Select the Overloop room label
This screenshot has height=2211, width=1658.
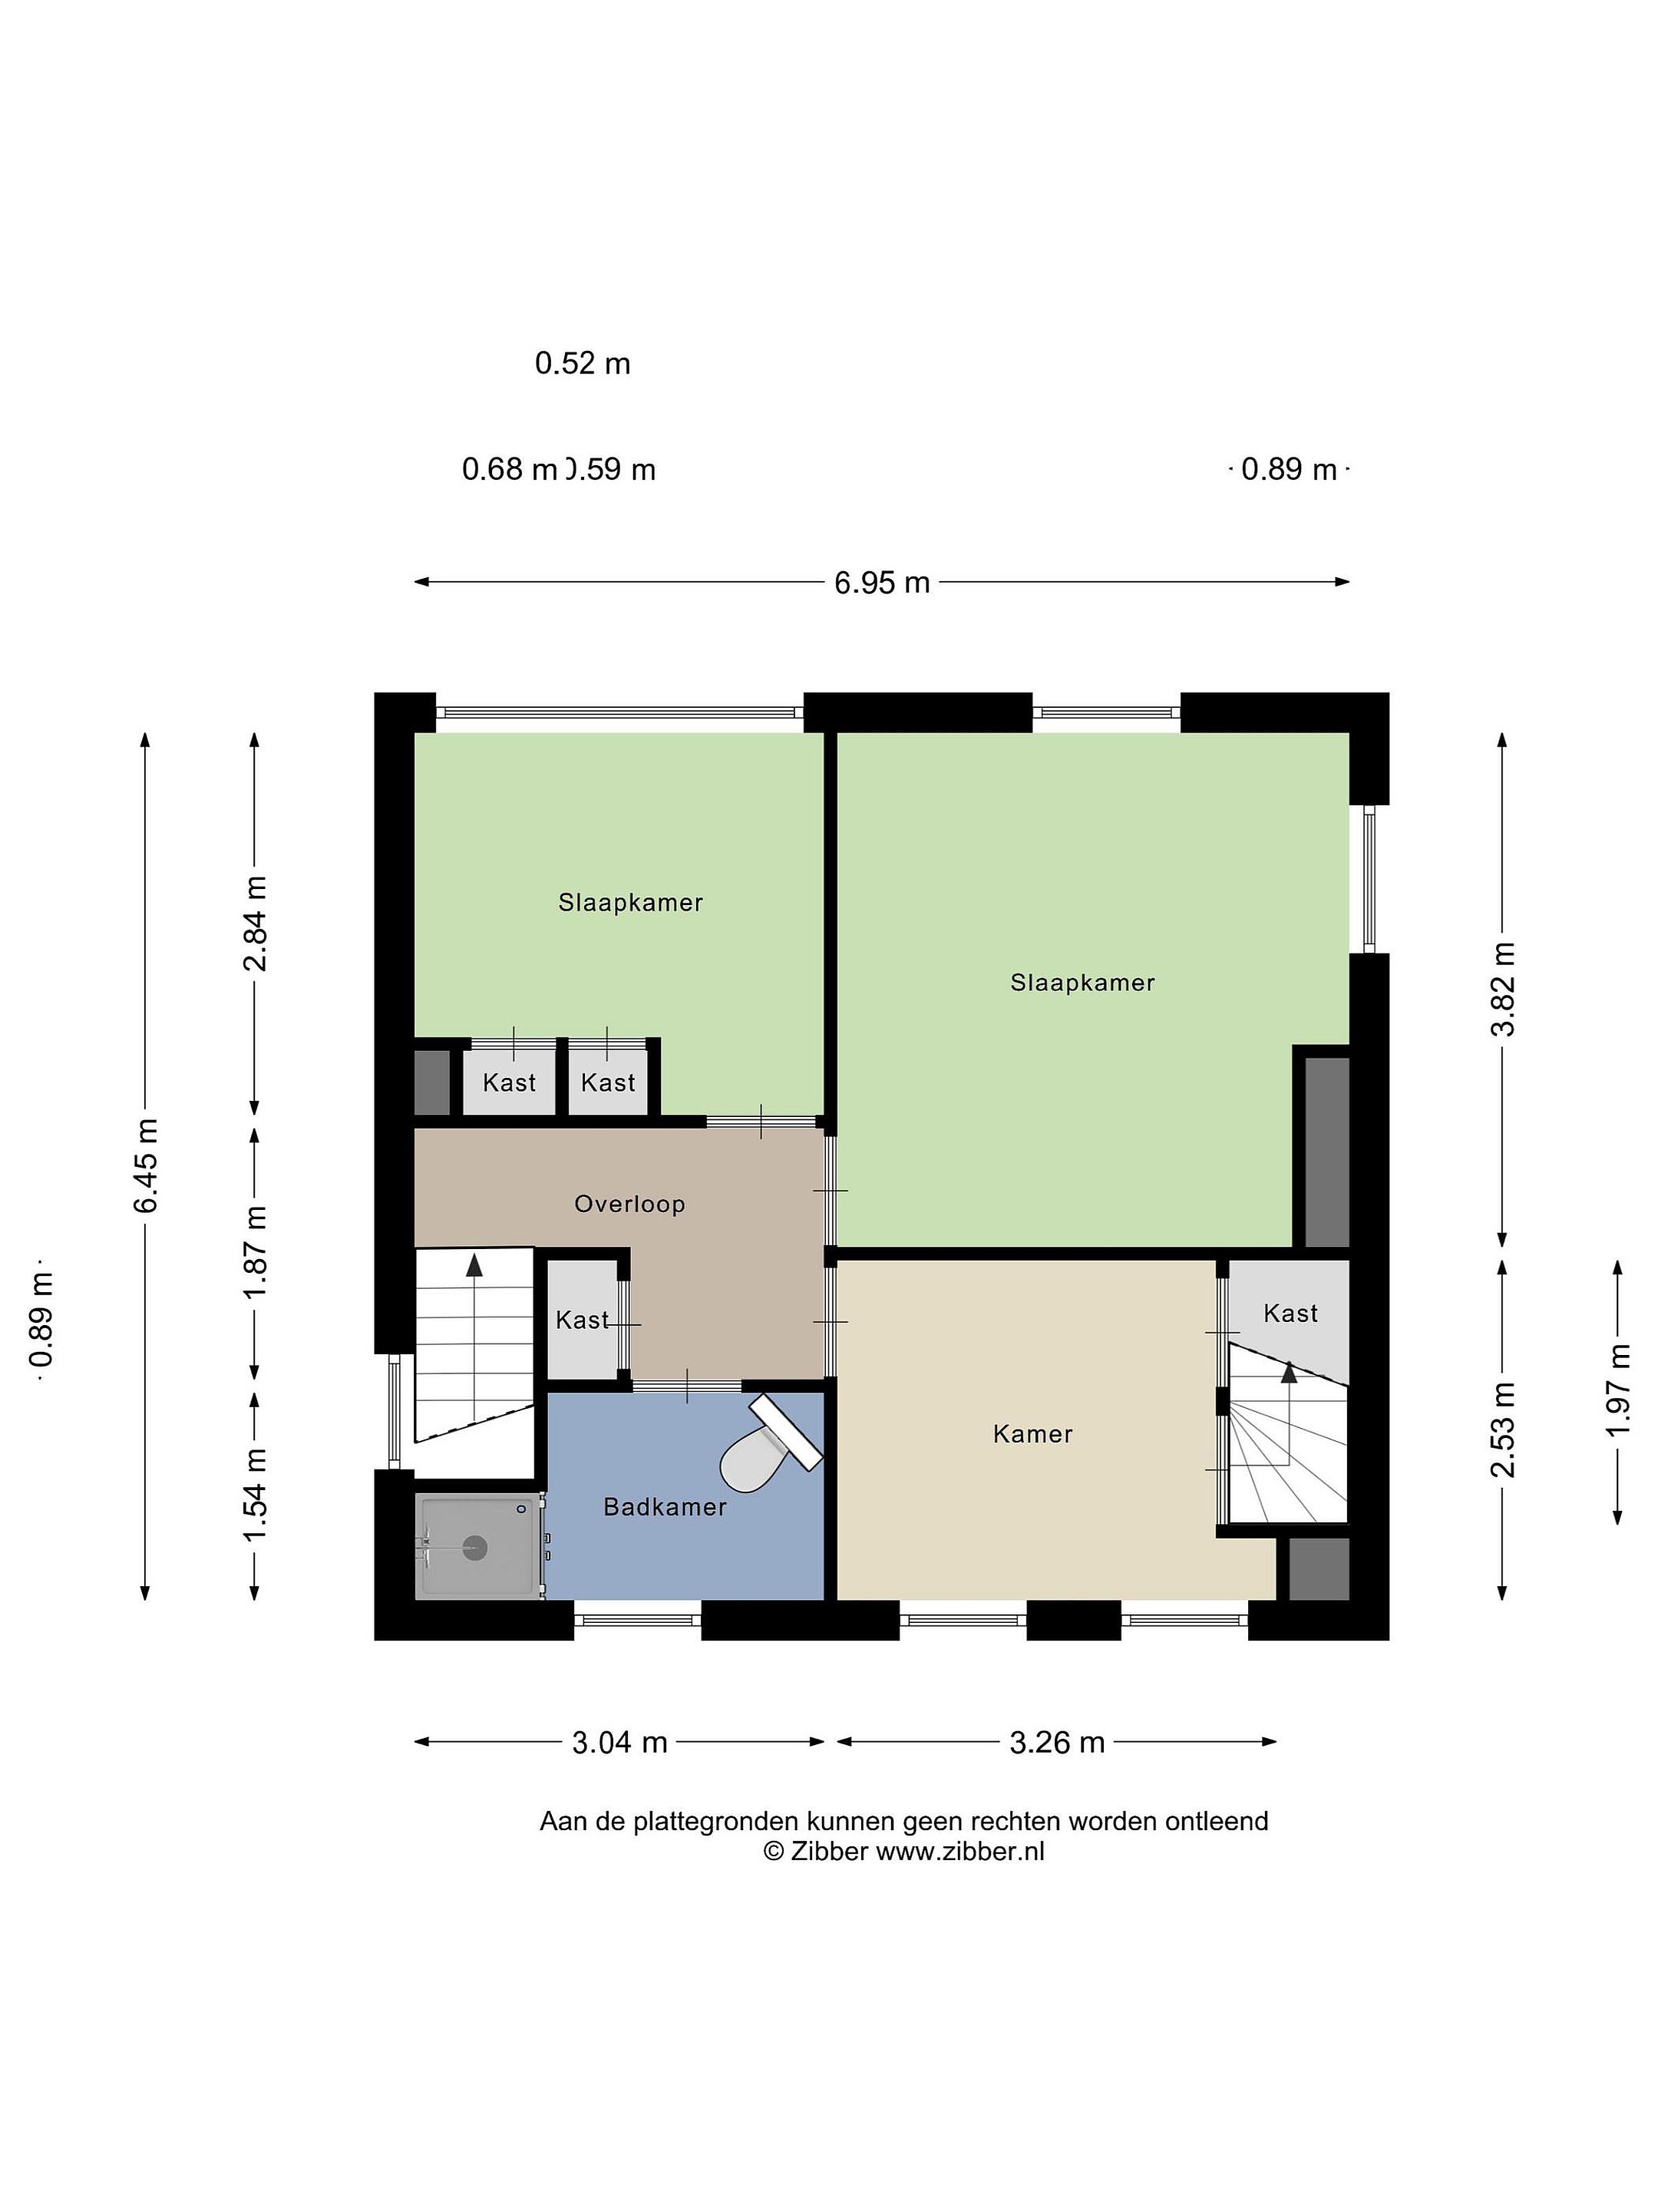coord(629,1204)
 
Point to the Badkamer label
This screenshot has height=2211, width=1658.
coord(665,1506)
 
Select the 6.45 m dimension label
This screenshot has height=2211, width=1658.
coord(147,1165)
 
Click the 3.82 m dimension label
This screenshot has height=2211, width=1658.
coord(1503,989)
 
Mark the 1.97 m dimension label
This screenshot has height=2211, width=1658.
coord(1618,1390)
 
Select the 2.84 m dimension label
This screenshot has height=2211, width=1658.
coord(255,924)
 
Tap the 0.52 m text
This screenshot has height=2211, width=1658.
coord(583,363)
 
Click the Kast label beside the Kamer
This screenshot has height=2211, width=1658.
coord(1290,1314)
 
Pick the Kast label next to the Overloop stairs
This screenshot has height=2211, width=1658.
coord(582,1320)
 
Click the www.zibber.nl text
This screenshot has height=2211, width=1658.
coord(959,1851)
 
